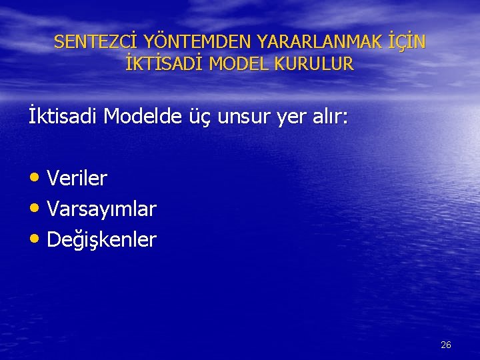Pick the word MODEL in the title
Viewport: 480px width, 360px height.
(x=241, y=64)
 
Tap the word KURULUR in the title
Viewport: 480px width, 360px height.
(x=317, y=64)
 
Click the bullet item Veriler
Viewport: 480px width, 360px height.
(x=77, y=179)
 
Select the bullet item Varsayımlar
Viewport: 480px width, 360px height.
(x=102, y=209)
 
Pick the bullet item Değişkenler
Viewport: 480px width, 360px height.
(x=102, y=240)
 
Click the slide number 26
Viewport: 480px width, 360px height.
(x=446, y=345)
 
